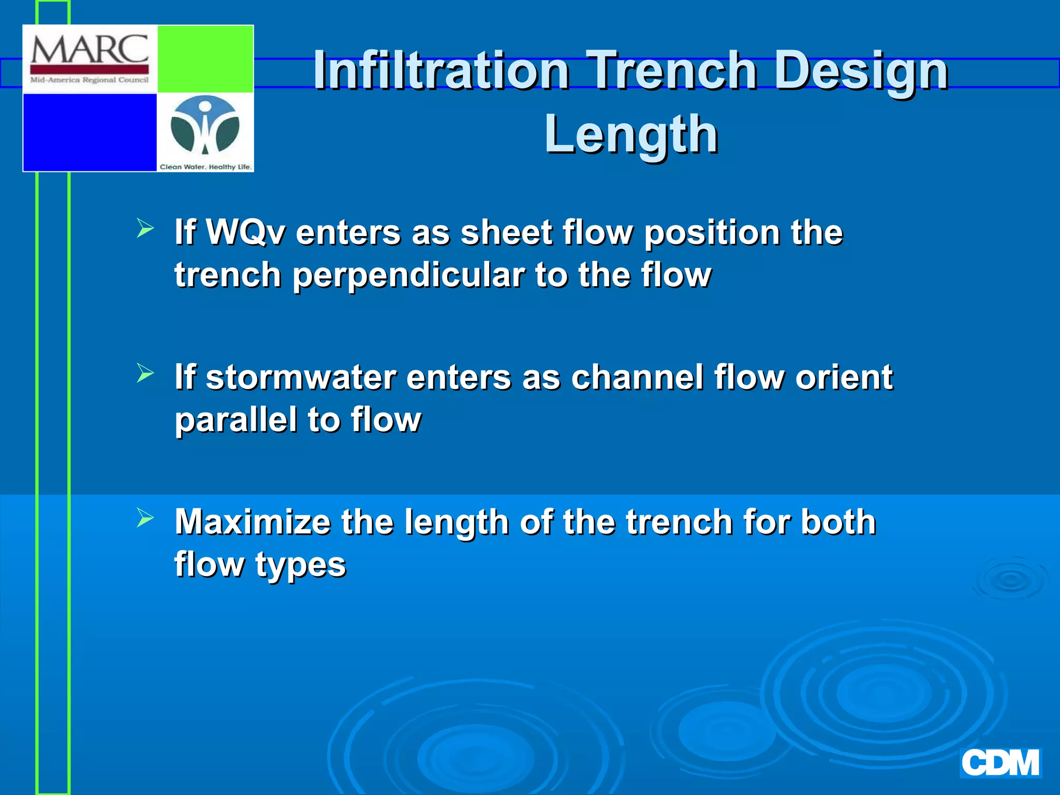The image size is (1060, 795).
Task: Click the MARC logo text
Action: [90, 51]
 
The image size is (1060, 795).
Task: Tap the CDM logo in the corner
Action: [1000, 763]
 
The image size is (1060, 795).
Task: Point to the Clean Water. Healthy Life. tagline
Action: [205, 167]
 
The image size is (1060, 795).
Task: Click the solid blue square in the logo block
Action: [90, 132]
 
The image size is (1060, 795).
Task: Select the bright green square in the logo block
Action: [205, 59]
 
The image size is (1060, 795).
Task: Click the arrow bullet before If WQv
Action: [145, 228]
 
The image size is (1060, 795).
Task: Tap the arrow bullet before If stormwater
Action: [145, 373]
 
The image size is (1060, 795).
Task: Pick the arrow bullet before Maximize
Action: [145, 518]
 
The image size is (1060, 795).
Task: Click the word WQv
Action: [245, 232]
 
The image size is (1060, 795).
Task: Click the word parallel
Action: [235, 419]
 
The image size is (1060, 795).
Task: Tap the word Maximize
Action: [252, 522]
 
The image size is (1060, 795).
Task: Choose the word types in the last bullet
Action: [300, 565]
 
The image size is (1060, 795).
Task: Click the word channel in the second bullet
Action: [636, 377]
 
